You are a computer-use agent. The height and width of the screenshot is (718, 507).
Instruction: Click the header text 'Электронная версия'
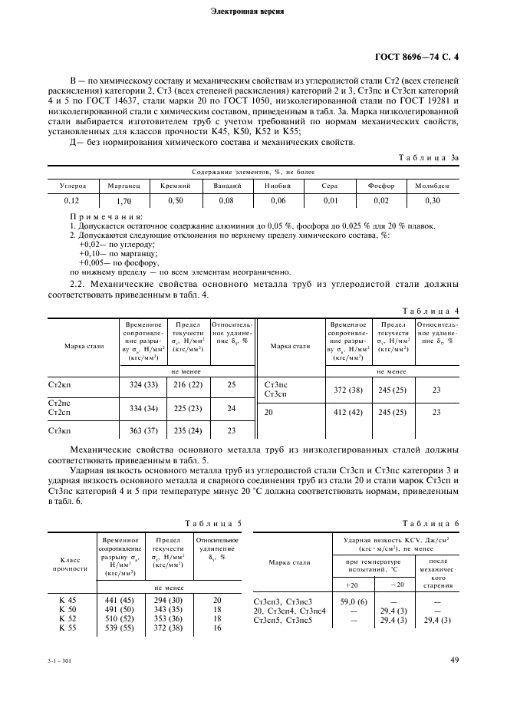click(x=252, y=12)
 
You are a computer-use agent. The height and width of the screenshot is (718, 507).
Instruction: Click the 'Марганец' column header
click(x=121, y=186)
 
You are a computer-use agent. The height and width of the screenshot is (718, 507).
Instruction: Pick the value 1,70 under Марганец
click(x=121, y=200)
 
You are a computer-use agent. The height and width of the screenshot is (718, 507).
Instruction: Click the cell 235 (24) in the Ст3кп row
click(x=187, y=431)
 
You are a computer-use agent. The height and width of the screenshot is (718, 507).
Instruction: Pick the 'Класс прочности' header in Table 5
click(x=71, y=564)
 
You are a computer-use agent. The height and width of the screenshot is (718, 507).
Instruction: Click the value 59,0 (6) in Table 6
click(x=353, y=601)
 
